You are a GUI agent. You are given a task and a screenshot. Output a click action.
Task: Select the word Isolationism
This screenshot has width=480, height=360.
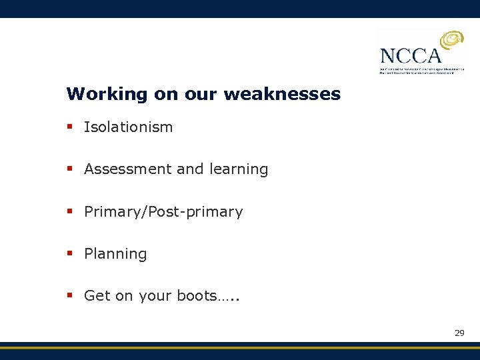(128, 127)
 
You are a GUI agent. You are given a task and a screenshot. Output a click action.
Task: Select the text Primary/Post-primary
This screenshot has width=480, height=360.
(163, 212)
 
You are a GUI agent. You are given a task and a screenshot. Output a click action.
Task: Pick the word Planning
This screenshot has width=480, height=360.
(115, 254)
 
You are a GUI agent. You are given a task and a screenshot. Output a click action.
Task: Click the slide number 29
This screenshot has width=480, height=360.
(459, 333)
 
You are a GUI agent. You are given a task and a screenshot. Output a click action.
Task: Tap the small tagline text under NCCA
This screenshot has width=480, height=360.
(421, 71)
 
